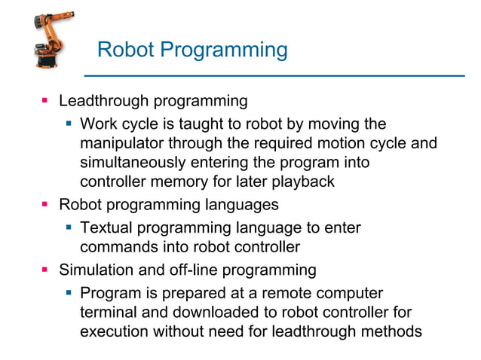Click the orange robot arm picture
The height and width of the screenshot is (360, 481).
point(52,40)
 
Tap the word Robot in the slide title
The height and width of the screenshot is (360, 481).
point(125,50)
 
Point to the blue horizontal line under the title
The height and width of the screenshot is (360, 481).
point(271,75)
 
